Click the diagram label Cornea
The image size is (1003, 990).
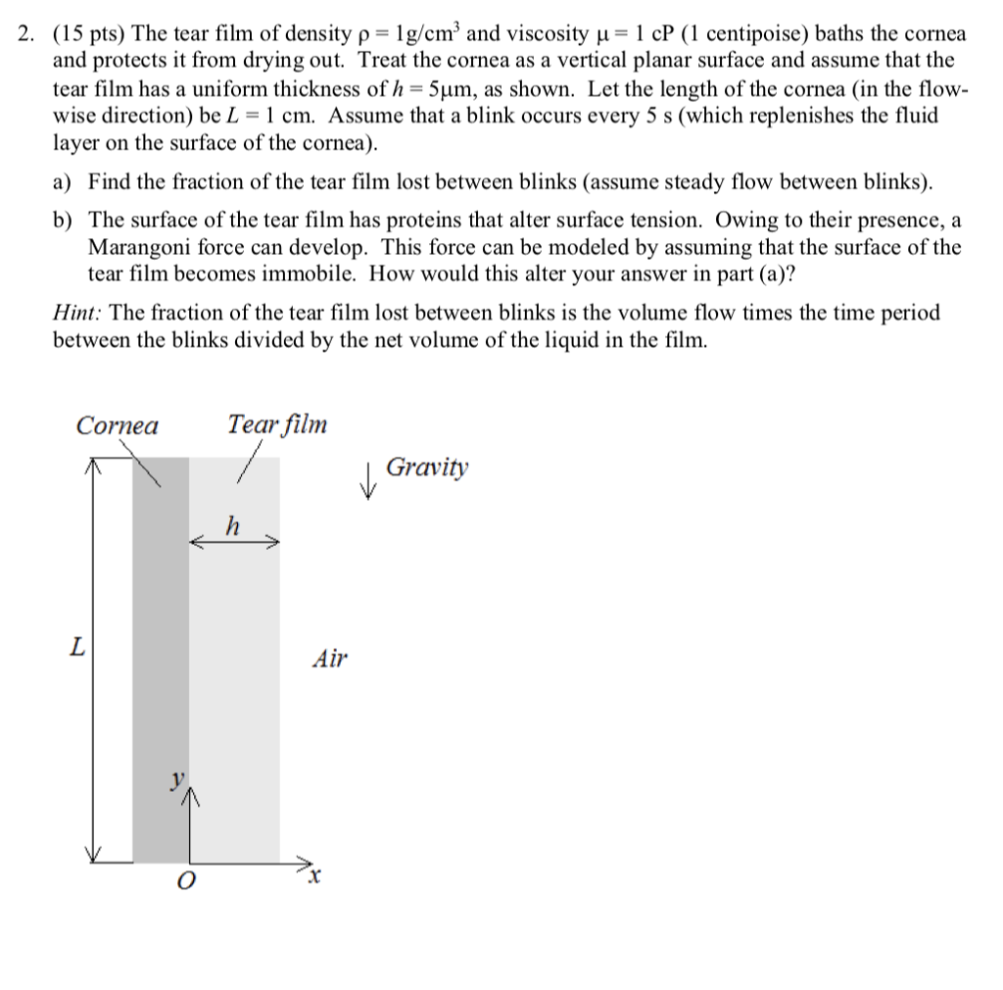click(117, 425)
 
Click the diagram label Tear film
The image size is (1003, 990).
click(277, 424)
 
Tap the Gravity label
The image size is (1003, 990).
click(427, 468)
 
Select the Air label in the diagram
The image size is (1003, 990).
click(329, 659)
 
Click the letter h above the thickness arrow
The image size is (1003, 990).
click(232, 524)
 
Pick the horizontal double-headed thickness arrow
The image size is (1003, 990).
click(234, 542)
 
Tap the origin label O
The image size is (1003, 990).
click(183, 882)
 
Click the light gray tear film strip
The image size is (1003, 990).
click(235, 686)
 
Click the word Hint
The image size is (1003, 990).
click(78, 313)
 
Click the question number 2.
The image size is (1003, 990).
click(28, 35)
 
